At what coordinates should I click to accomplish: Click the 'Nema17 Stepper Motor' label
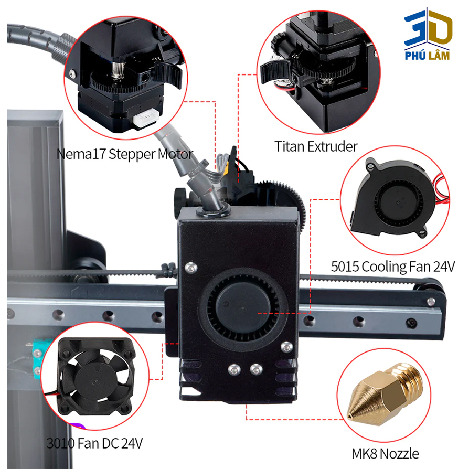(125, 155)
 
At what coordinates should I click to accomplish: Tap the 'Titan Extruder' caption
(316, 146)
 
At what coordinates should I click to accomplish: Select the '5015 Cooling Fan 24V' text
(392, 267)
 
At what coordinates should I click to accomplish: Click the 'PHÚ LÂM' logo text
(428, 56)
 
